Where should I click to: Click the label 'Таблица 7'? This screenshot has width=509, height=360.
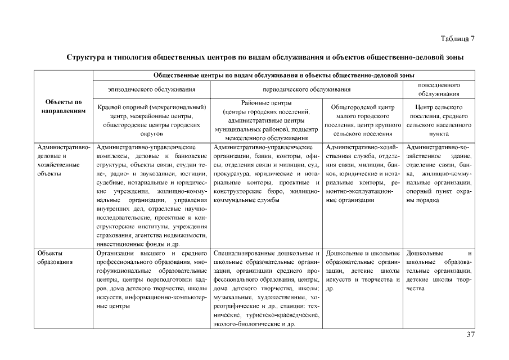[457, 38]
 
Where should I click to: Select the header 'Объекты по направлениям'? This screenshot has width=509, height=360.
[62, 107]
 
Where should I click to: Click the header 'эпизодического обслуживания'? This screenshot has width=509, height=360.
[152, 89]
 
